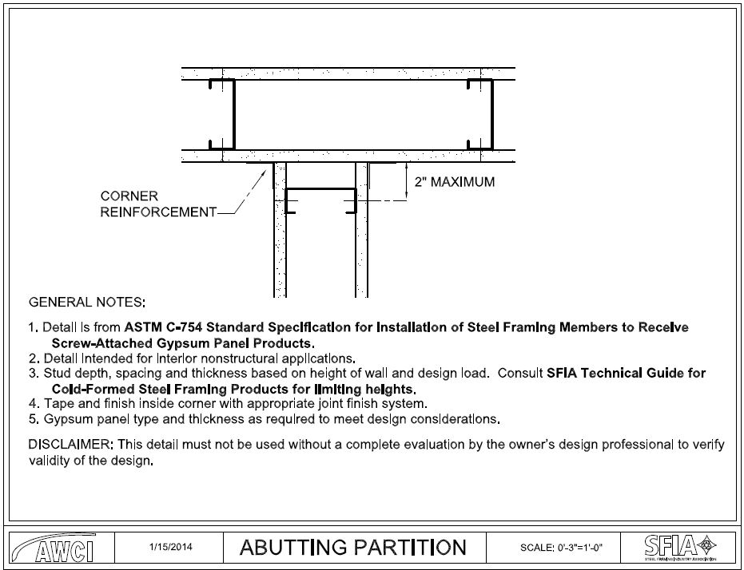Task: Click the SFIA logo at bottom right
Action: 678,547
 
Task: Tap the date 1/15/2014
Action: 170,547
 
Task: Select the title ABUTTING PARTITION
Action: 352,547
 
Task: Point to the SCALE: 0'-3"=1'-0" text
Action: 560,548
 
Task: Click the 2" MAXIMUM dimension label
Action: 454,182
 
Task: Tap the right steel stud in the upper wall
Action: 491,113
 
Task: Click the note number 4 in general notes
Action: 32,403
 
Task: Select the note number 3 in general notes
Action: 32,374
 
